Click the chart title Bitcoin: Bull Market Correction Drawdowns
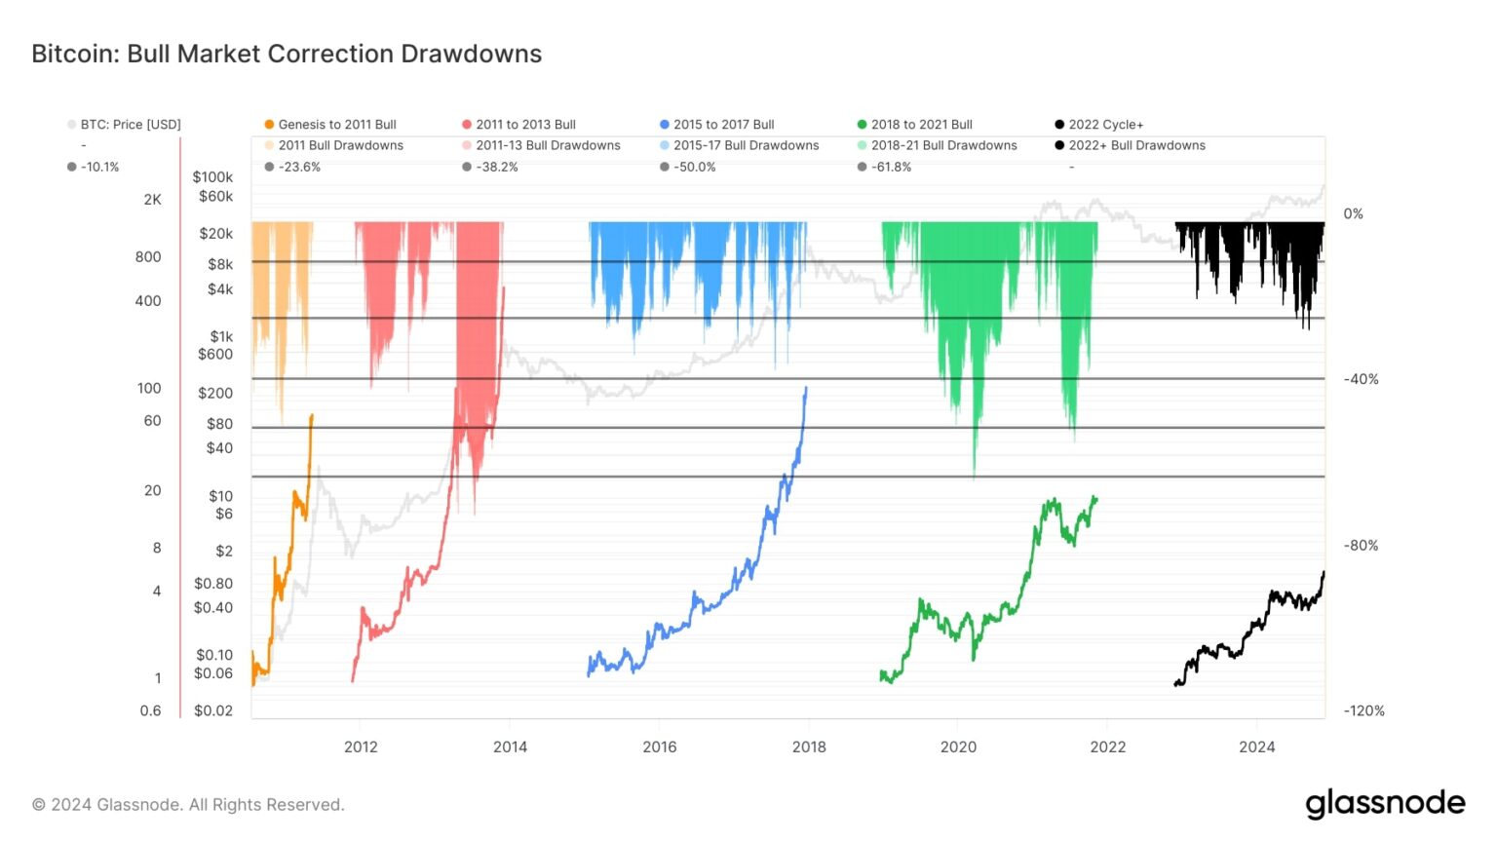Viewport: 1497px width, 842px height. (x=287, y=54)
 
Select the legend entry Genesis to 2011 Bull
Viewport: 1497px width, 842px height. (x=336, y=124)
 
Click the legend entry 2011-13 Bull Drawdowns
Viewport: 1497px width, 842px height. (x=548, y=145)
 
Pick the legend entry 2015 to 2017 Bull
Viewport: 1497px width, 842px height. (x=723, y=124)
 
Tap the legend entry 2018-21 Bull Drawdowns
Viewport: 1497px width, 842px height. (x=943, y=145)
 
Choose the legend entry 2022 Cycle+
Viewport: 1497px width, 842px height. (x=1105, y=124)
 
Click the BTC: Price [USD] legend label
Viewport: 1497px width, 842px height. (x=131, y=124)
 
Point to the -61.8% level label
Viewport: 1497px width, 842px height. (x=891, y=167)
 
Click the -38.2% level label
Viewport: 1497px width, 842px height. (x=496, y=167)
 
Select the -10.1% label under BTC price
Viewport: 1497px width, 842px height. (x=99, y=167)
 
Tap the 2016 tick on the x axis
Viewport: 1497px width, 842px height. (x=660, y=746)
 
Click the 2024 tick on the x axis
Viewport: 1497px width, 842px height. (x=1256, y=746)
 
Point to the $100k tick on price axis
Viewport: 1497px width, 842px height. (x=212, y=176)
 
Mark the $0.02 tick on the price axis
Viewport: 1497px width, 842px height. (x=213, y=710)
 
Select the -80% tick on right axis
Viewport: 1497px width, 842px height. (x=1361, y=545)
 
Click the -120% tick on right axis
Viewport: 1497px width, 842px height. (x=1363, y=710)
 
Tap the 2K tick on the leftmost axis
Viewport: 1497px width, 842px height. (x=153, y=199)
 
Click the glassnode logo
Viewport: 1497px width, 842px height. (x=1385, y=804)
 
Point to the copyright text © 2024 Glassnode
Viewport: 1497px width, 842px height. (x=188, y=805)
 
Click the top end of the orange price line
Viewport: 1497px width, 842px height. (x=312, y=416)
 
